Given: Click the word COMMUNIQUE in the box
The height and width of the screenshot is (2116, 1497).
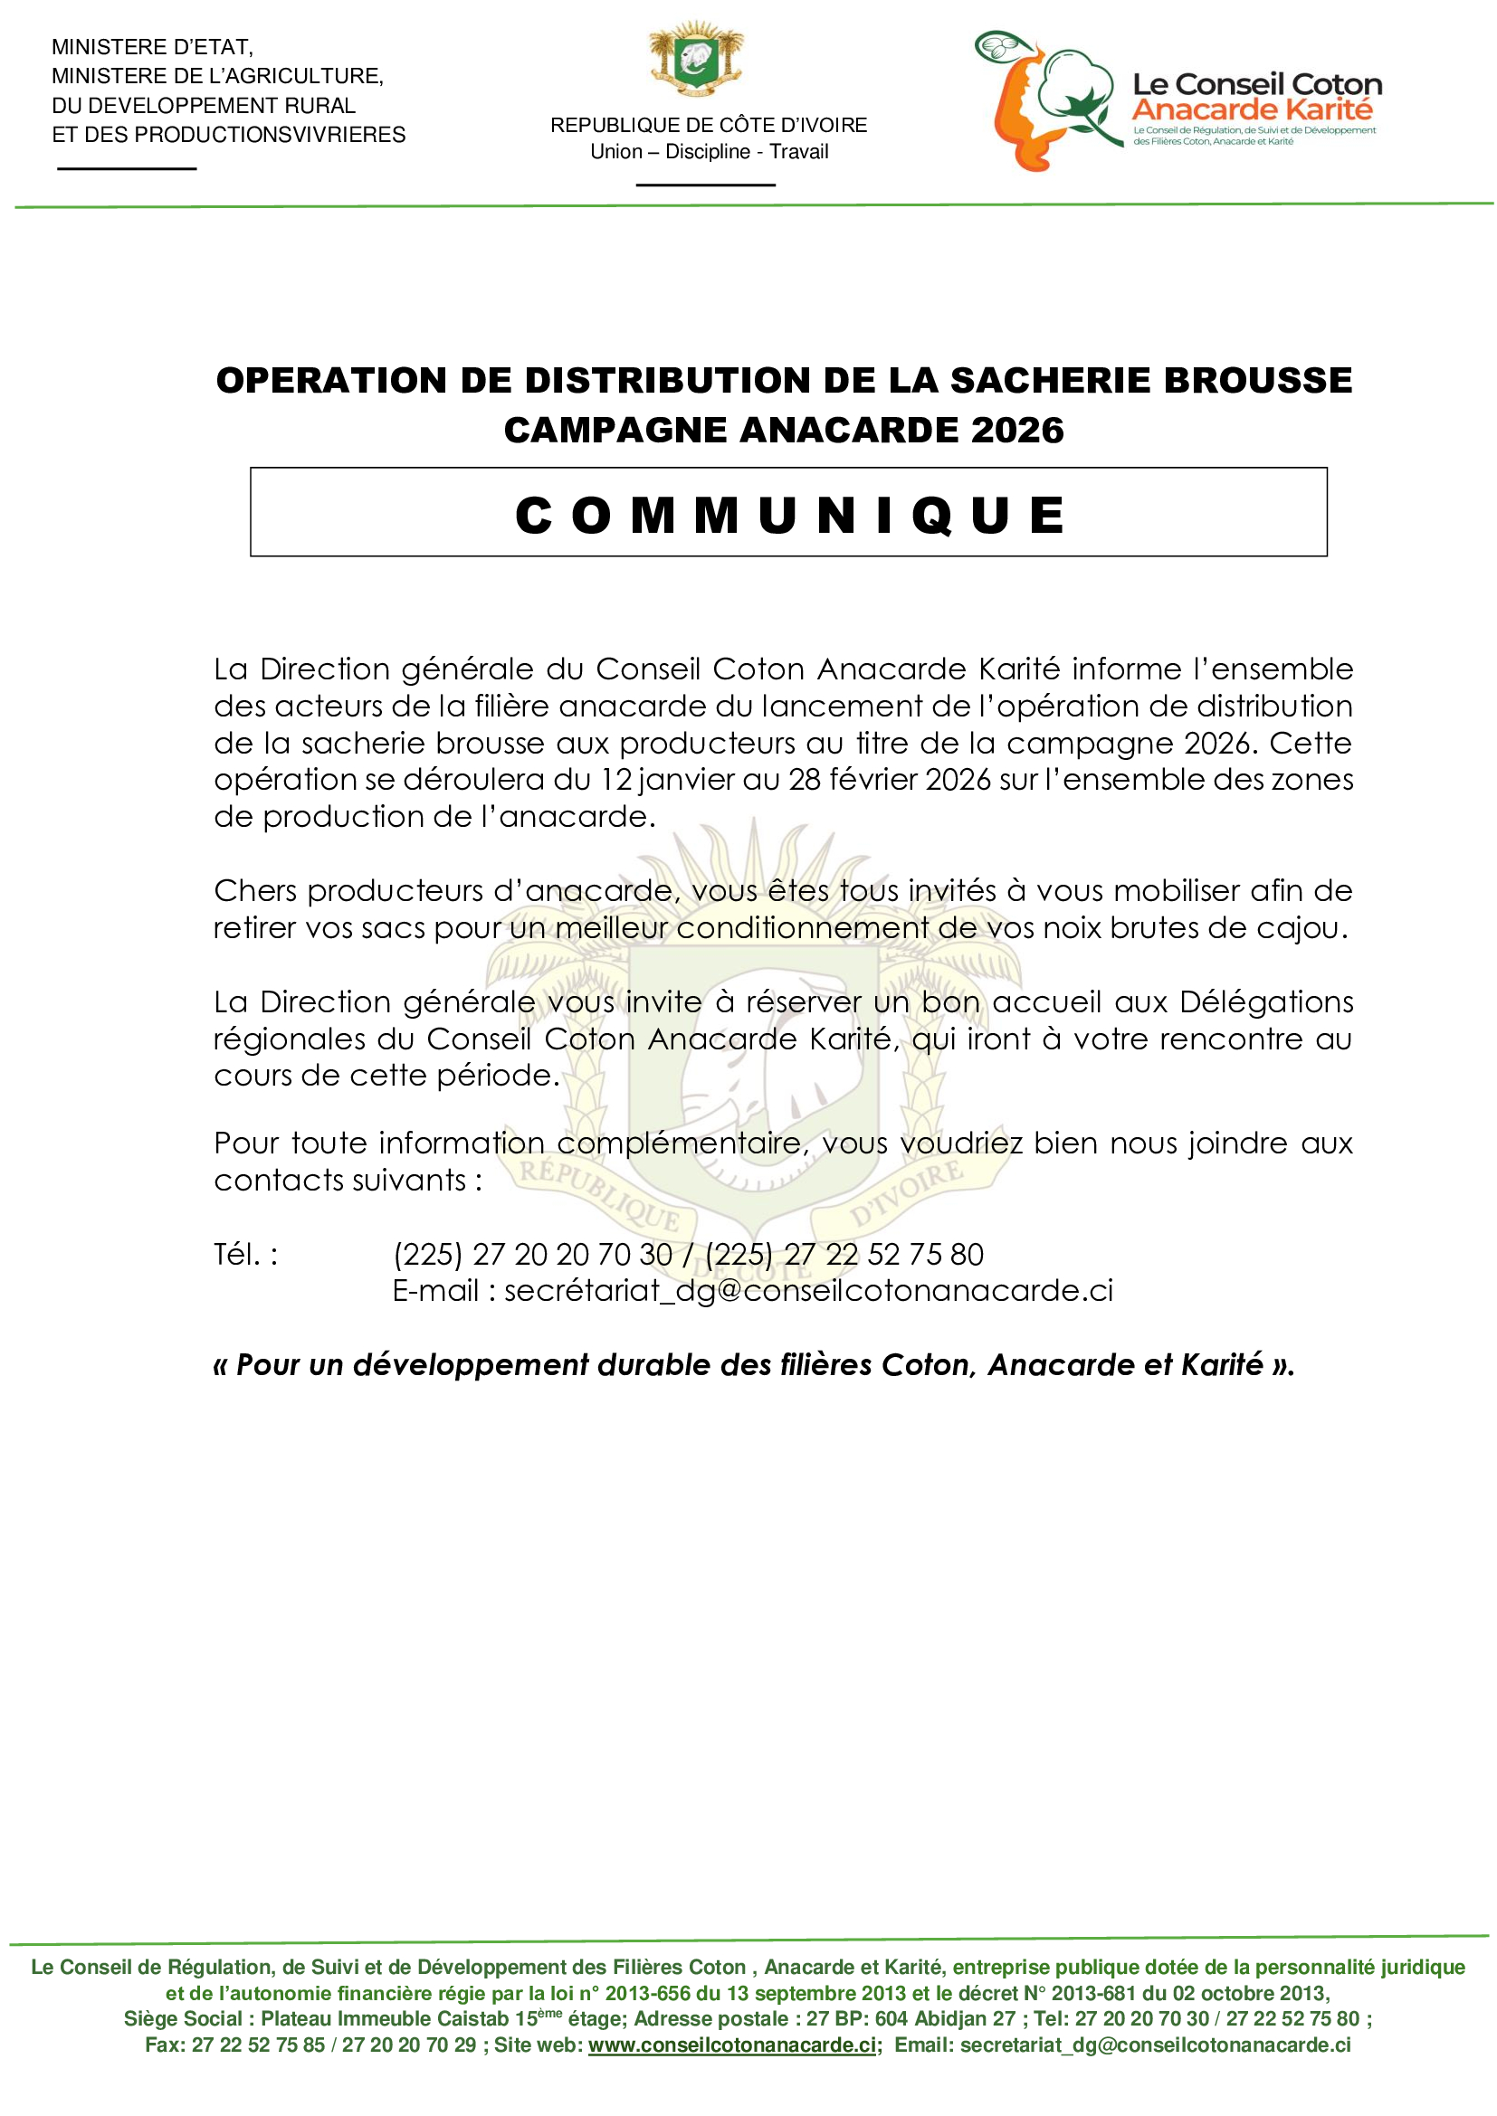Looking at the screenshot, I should pos(789,514).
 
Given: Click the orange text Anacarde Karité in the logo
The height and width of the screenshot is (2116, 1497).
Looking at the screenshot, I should pos(1252,109).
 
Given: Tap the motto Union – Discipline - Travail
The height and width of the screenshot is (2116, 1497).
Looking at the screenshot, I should pos(709,152).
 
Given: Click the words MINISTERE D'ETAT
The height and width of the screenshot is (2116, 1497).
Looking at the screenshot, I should pos(152,47).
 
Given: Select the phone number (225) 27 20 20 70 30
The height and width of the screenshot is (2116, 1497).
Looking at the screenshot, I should pos(533,1254).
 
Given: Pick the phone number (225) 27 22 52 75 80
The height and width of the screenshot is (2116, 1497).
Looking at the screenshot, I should pos(844,1254).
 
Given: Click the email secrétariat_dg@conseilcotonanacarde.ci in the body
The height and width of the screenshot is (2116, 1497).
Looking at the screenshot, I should pos(808,1290).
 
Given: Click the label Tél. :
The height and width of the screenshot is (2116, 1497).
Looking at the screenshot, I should pos(246,1254).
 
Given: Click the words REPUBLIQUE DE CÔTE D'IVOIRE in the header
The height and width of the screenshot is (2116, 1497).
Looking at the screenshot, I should pos(709,126).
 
